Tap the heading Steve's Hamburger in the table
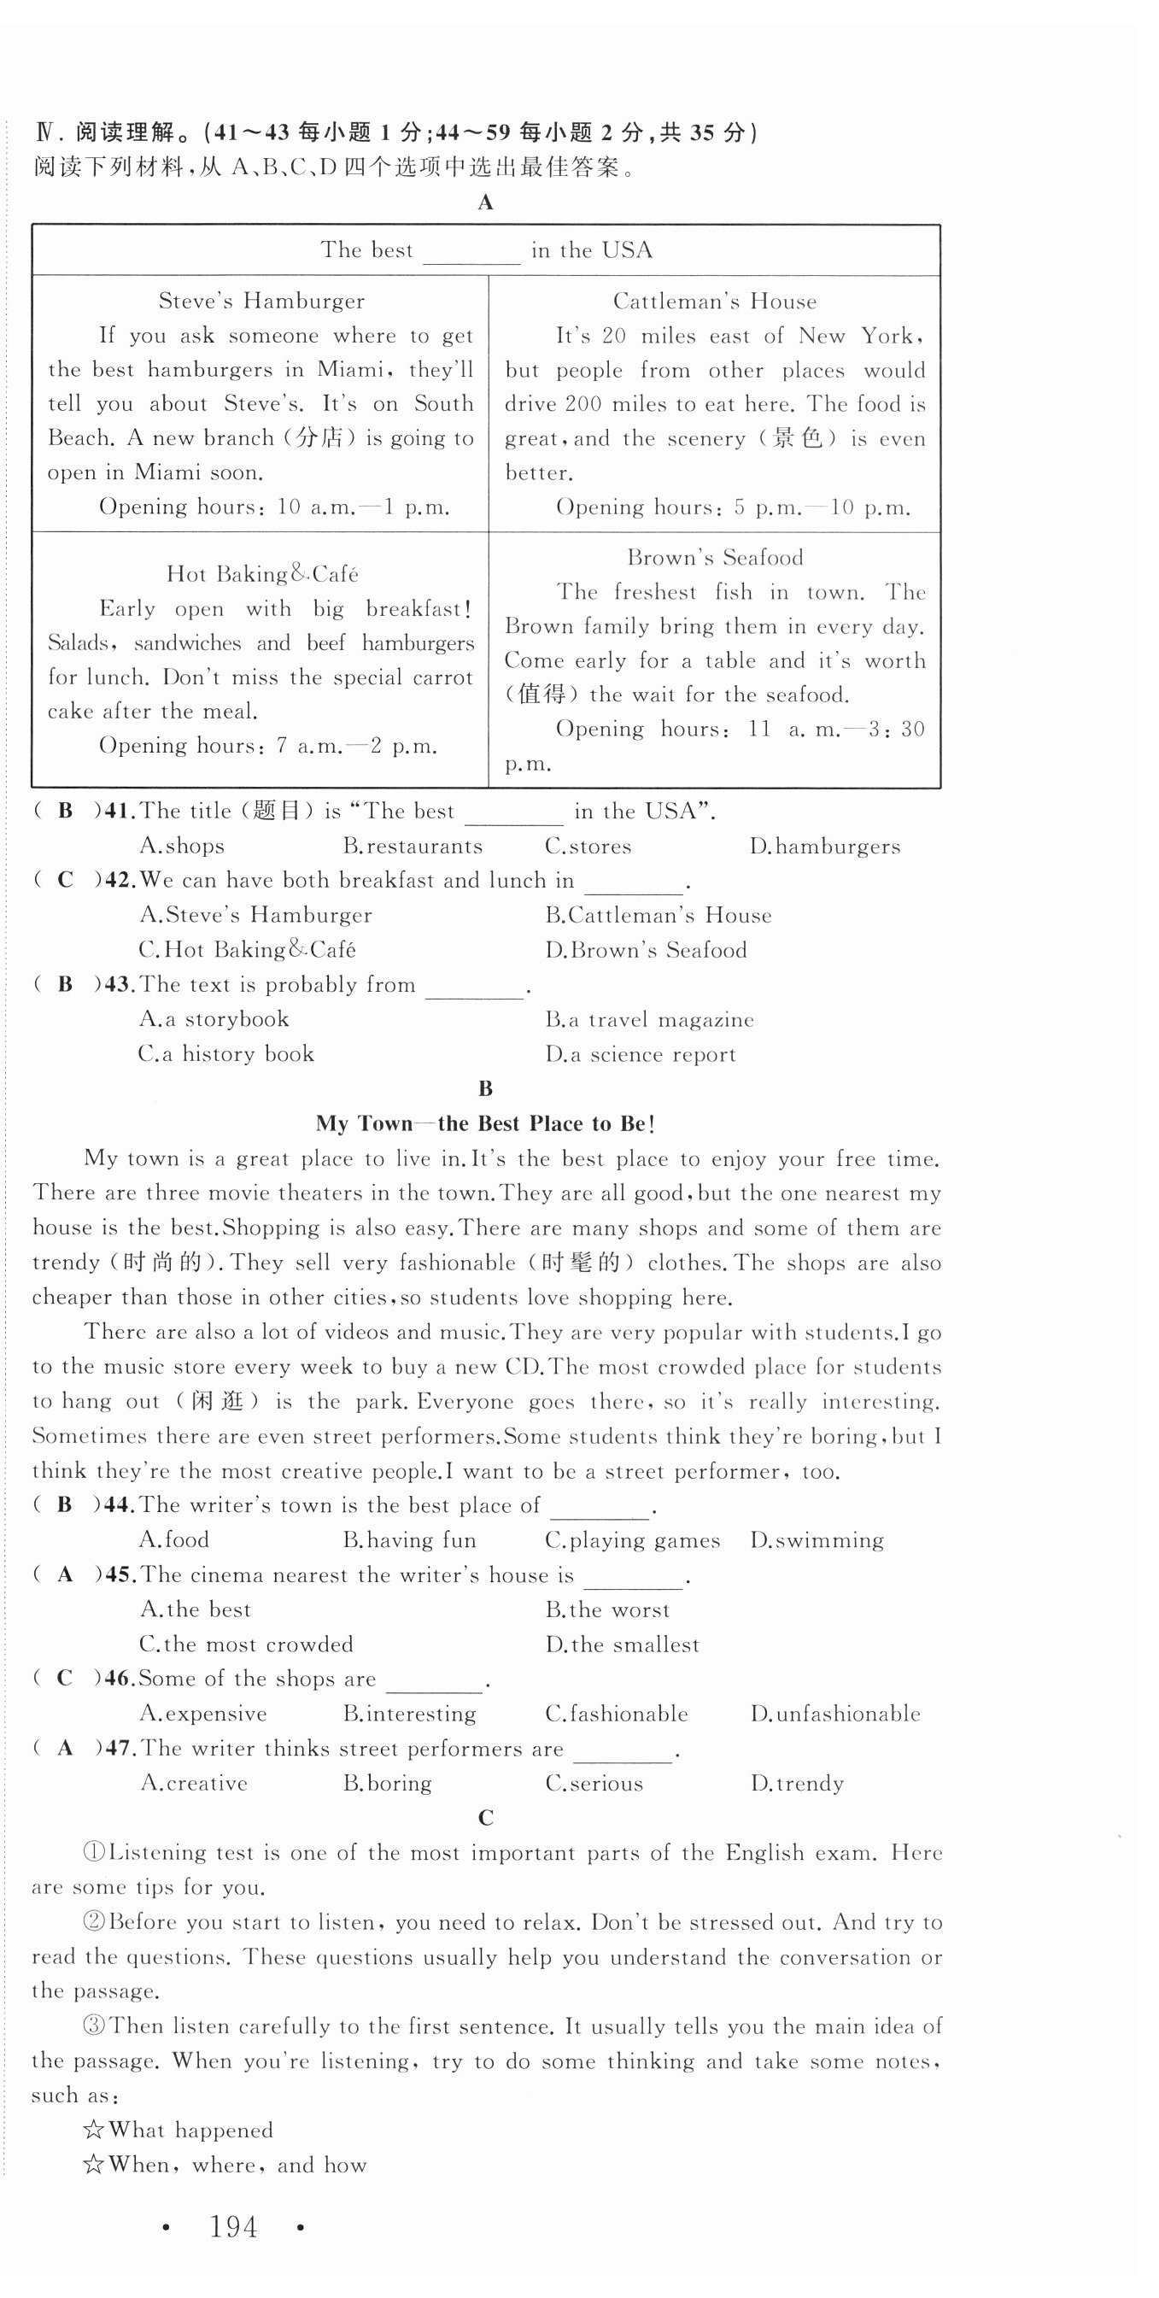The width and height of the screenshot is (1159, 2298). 261,302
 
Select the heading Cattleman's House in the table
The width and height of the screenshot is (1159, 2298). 714,302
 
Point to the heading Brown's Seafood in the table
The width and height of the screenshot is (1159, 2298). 715,558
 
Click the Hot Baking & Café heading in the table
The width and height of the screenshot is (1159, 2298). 262,573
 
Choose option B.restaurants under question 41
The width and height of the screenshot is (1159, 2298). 413,846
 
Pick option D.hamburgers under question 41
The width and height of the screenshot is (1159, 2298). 824,846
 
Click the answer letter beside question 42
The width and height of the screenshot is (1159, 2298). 65,881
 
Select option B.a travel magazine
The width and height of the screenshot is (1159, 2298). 650,1020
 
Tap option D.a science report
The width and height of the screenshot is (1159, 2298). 641,1054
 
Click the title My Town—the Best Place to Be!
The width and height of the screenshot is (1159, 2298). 485,1124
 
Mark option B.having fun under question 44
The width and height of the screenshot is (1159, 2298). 409,1540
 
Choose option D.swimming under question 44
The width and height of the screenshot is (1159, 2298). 817,1540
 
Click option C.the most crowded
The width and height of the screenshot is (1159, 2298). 246,1644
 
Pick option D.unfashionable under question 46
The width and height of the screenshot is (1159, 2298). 834,1714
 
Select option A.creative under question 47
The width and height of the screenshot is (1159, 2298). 194,1783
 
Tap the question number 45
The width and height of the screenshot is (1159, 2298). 119,1575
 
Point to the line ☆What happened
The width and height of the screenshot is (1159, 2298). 177,2131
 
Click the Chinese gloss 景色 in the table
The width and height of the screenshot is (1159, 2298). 797,439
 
